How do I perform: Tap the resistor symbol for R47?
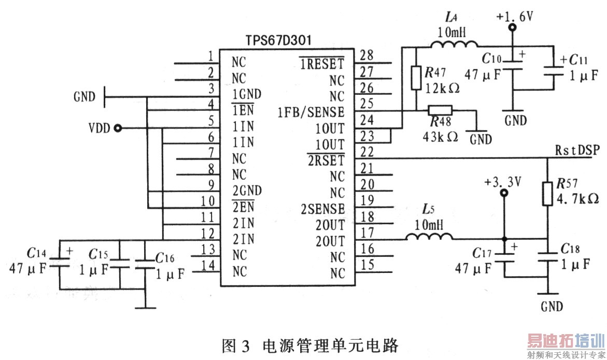(x=416, y=77)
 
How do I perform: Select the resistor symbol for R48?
(x=440, y=110)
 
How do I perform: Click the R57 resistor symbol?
(x=547, y=193)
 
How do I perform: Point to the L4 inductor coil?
(x=452, y=47)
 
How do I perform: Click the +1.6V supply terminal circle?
(x=513, y=28)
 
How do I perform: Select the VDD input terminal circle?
(x=118, y=128)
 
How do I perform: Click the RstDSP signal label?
(x=577, y=151)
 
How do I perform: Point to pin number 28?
(x=366, y=55)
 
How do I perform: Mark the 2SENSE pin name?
(x=322, y=209)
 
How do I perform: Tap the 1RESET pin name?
(x=321, y=64)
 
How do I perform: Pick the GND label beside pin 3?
(x=84, y=96)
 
